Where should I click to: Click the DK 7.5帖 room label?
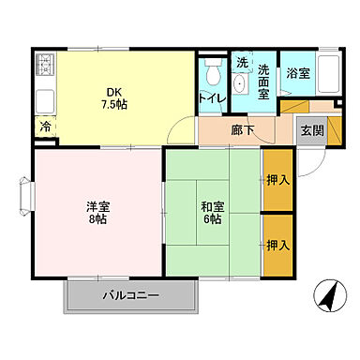(x=114, y=97)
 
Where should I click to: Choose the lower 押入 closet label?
(x=276, y=245)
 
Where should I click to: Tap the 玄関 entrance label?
(x=312, y=131)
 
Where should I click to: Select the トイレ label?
(x=211, y=97)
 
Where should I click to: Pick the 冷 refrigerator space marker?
(x=45, y=126)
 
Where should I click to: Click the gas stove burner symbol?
(x=45, y=67)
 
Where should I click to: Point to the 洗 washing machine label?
(x=241, y=62)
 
